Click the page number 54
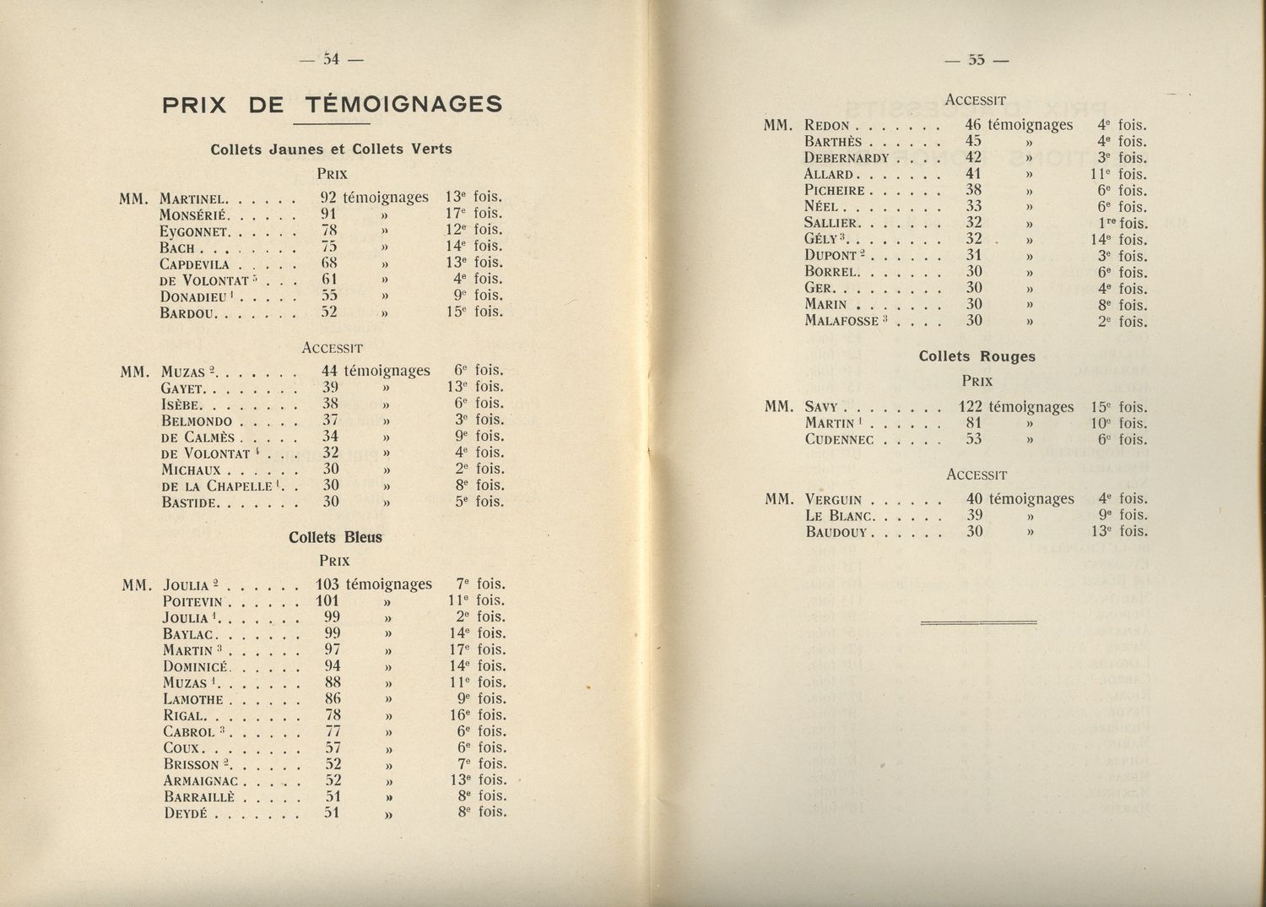click(331, 60)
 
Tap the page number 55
click(977, 60)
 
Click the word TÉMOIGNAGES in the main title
click(403, 105)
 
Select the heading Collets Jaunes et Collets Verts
click(331, 149)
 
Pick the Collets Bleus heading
click(335, 537)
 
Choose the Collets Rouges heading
click(977, 356)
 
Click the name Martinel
click(192, 199)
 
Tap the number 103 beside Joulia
click(327, 584)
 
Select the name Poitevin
click(193, 601)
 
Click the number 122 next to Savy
click(971, 406)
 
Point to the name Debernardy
click(847, 158)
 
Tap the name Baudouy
click(838, 532)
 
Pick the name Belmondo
click(197, 420)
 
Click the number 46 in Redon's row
click(973, 125)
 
